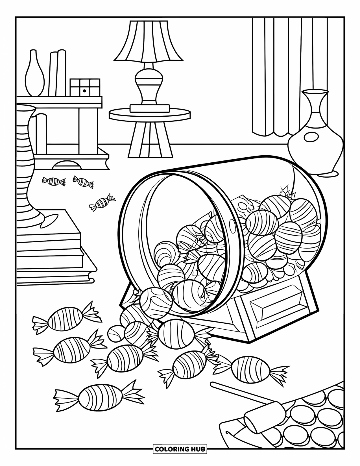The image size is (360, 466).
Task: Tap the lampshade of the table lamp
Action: pos(149,41)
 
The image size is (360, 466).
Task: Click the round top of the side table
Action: pos(150,114)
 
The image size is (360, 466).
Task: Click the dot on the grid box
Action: pos(84,91)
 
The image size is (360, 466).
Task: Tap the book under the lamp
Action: pos(150,108)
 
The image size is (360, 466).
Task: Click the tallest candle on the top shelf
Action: pos(61,73)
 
